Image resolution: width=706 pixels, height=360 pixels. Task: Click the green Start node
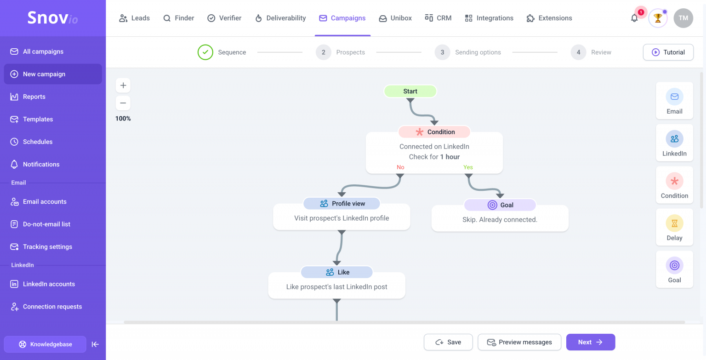coord(410,91)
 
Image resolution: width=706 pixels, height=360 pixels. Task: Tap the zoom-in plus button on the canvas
coord(123,86)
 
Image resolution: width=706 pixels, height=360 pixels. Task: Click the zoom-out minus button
coord(123,103)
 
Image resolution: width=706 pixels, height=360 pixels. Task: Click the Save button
coord(448,342)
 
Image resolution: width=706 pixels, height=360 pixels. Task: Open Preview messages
coord(519,342)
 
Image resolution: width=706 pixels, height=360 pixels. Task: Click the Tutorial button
coord(668,52)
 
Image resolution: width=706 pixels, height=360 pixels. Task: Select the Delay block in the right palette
coord(674,227)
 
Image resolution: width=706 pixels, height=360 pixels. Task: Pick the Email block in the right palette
coord(674,101)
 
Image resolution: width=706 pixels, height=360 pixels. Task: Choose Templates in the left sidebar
coord(38,119)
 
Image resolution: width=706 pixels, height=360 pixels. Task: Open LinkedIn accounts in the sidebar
coord(49,284)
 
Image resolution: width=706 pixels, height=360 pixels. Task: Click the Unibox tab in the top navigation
coord(395,18)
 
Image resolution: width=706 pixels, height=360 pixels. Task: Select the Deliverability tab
coord(280,18)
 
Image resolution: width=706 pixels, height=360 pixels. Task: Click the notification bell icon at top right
coord(634,18)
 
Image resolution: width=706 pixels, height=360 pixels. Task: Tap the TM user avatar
coord(683,18)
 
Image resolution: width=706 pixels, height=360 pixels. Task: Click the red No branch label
coord(400,167)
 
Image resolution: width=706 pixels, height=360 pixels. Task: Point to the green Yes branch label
coord(468,167)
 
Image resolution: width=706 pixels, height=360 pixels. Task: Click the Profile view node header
coord(342,204)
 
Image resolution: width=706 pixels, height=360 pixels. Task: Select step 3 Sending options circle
coord(442,52)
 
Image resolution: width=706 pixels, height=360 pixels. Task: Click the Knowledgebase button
coord(45,344)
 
